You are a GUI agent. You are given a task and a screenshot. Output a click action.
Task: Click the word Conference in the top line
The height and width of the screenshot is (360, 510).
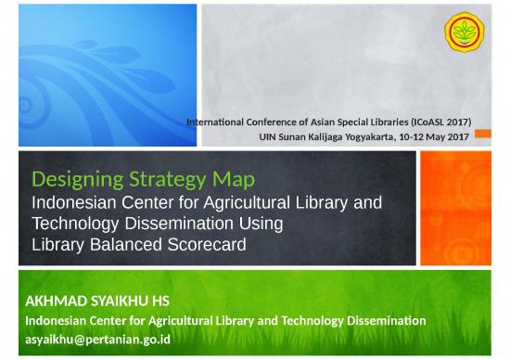coord(293,122)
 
